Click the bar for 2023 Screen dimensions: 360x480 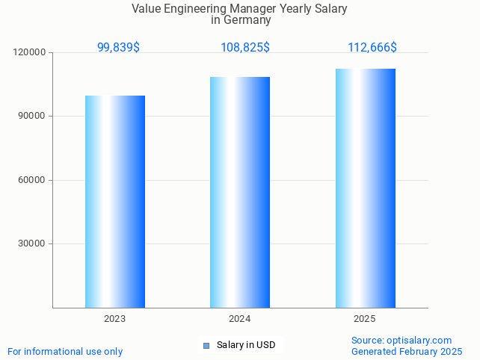point(115,202)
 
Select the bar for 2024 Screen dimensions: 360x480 point(240,192)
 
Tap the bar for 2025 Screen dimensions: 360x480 point(365,188)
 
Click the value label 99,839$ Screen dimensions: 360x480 point(118,47)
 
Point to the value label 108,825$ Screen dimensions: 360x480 point(245,47)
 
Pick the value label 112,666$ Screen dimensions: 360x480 point(372,47)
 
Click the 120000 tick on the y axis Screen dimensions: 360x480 point(30,53)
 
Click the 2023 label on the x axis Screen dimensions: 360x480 point(115,319)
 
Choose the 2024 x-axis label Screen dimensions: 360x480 point(240,319)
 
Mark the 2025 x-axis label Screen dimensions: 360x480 point(365,319)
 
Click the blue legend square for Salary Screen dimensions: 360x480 point(206,345)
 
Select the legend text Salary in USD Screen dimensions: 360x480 point(246,345)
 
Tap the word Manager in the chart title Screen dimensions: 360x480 point(241,9)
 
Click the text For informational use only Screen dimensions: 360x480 point(65,351)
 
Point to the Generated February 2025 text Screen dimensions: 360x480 point(407,351)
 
